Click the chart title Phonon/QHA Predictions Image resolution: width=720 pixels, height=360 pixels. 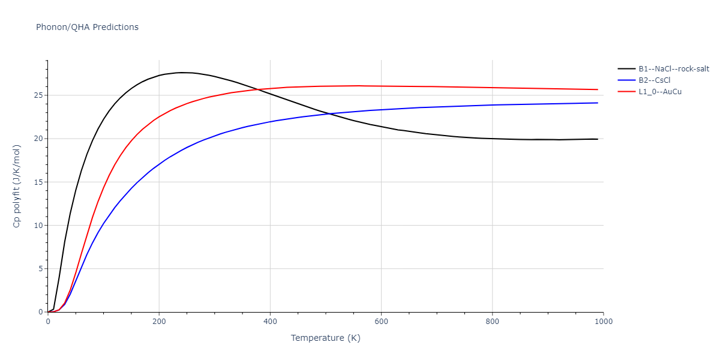click(87, 27)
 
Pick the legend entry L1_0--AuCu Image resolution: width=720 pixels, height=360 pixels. click(660, 92)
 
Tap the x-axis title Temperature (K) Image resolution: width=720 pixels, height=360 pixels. click(325, 338)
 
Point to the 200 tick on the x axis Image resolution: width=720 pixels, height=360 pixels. click(159, 322)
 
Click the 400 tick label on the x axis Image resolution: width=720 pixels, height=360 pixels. click(270, 322)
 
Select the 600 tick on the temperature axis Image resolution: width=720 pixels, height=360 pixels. click(381, 322)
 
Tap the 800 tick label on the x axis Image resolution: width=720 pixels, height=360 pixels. click(492, 322)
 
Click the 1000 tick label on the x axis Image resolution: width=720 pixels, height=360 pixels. click(603, 322)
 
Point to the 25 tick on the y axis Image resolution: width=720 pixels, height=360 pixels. click(38, 95)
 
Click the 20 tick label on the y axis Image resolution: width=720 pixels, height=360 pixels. click(38, 139)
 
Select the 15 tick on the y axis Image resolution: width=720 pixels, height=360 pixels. click(38, 182)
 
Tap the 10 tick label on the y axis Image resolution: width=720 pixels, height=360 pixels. click(38, 226)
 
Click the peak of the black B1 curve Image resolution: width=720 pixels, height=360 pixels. click(182, 73)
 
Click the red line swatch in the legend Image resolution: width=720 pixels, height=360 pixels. click(627, 92)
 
